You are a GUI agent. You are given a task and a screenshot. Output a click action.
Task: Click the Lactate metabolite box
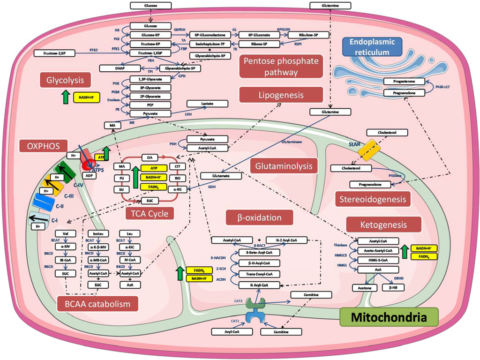(207, 103)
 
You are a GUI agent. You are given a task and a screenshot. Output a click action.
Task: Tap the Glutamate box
(221, 176)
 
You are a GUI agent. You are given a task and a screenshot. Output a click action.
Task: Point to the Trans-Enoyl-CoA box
(259, 274)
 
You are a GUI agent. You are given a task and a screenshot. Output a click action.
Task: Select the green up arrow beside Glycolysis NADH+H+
(65, 97)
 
